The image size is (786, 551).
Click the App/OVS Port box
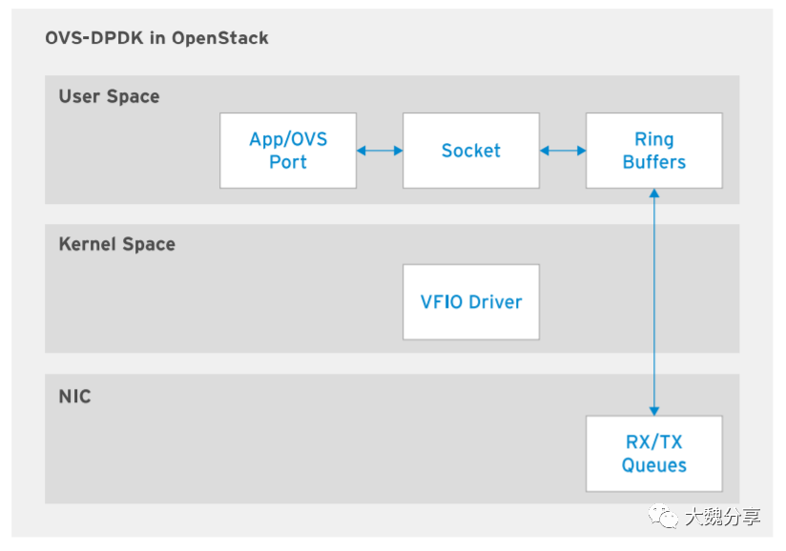[x=288, y=151]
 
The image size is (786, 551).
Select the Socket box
[x=471, y=151]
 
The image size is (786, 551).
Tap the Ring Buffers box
[x=654, y=151]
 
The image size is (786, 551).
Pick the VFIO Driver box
[x=471, y=302]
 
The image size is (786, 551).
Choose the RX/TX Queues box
[x=654, y=454]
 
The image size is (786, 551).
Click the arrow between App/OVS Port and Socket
[x=380, y=151]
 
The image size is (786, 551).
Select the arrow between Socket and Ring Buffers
[x=563, y=151]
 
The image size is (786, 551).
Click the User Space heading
[x=109, y=96]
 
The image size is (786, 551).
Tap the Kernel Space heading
[x=116, y=244]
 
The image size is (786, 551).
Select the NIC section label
[x=74, y=396]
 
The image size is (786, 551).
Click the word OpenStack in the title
[x=223, y=39]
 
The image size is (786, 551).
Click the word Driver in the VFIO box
[x=496, y=302]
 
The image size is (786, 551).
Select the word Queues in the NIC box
[x=654, y=465]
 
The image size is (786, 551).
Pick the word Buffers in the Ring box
[x=654, y=162]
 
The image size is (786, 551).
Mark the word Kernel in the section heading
[x=85, y=244]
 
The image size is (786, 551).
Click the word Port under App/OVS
[x=288, y=162]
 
